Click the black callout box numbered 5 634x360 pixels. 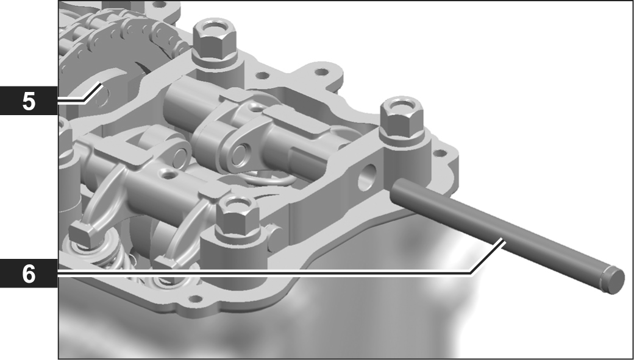[29, 101]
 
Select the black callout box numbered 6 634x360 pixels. [29, 274]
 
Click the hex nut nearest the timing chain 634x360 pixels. [213, 39]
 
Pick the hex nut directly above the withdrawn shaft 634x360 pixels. [402, 116]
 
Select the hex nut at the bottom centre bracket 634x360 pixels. [237, 214]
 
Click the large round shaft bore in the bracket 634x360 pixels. [367, 177]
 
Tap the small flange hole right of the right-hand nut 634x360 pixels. [440, 153]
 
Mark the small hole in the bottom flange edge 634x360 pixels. [196, 299]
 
